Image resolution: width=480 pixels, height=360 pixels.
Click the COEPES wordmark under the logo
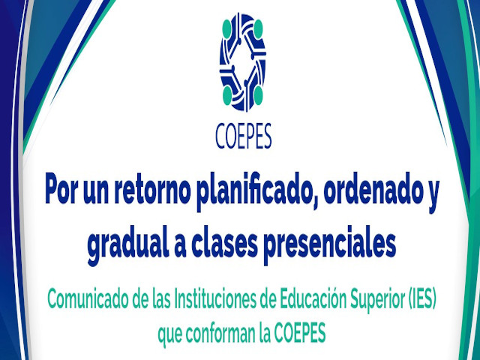pos(243,136)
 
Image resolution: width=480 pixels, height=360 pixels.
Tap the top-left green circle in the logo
pos(226,28)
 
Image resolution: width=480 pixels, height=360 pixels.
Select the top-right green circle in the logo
pos(258,28)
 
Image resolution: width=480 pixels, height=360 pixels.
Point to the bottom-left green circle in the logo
pos(227,95)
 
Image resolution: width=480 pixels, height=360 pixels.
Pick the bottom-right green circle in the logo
pos(258,95)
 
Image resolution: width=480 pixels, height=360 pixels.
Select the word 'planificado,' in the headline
pos(257,192)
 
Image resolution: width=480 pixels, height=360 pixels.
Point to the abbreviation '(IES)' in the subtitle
pos(423,301)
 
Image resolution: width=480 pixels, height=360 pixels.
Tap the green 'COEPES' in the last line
pos(300,334)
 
